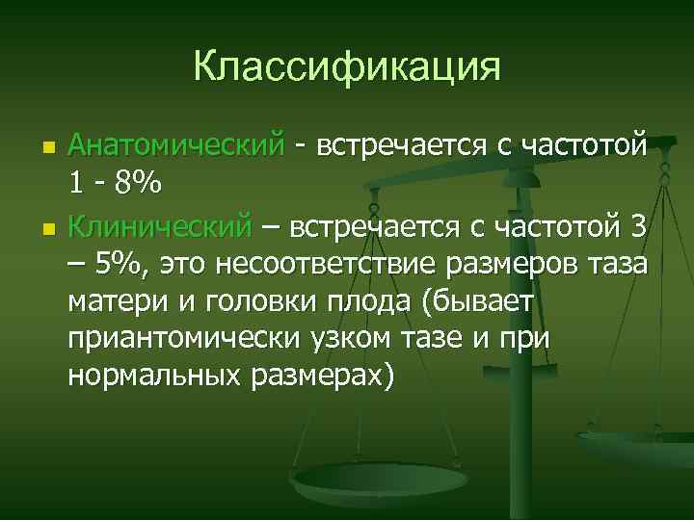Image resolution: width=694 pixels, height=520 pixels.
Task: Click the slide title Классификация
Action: pyautogui.click(x=347, y=66)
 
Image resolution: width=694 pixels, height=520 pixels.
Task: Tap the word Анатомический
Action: pyautogui.click(x=177, y=146)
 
